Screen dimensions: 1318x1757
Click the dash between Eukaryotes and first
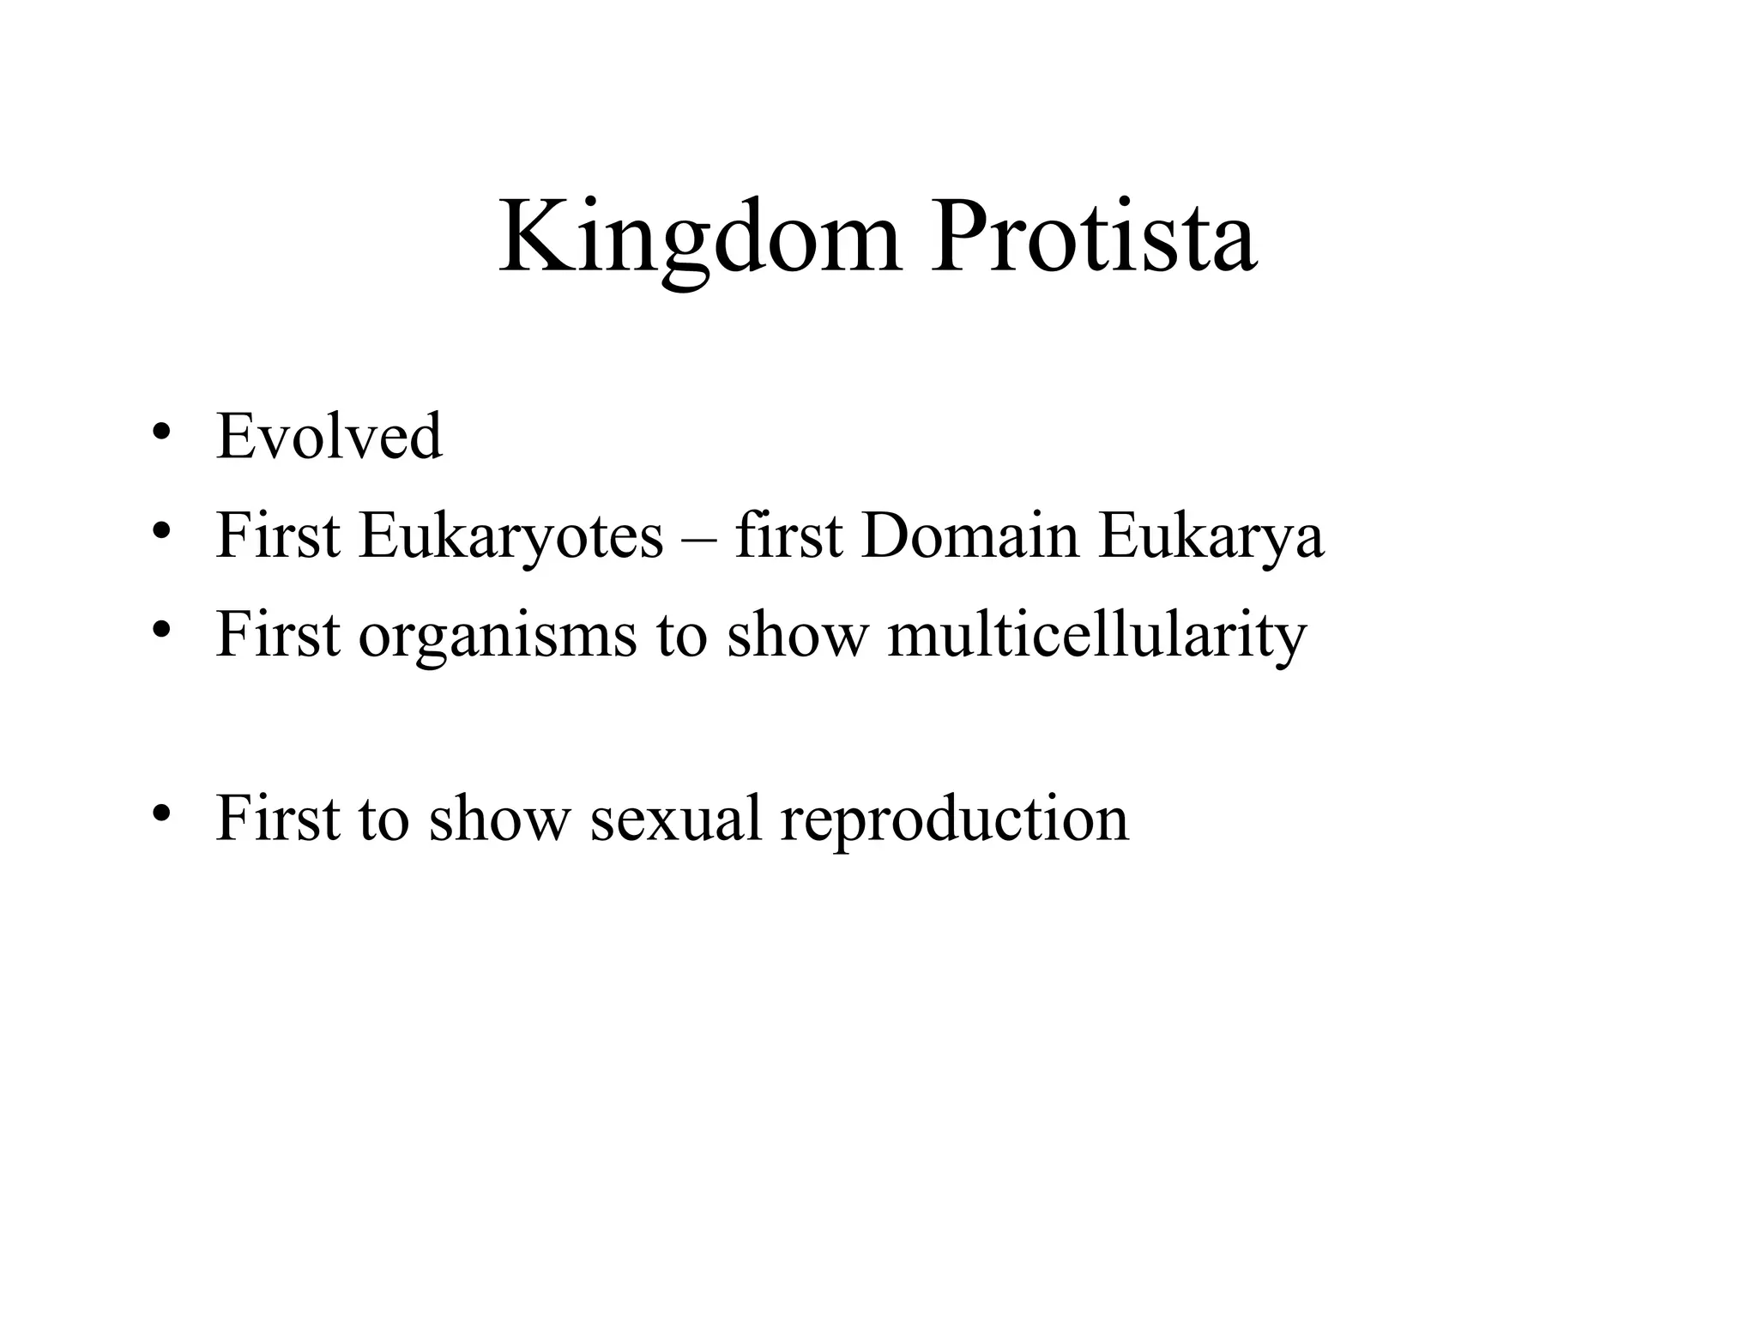click(699, 539)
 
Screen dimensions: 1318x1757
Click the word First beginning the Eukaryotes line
click(277, 535)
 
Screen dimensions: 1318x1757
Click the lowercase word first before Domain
click(788, 535)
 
